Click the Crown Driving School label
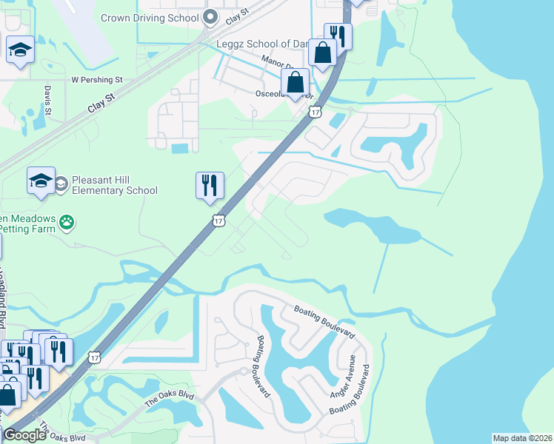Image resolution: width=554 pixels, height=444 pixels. coord(150,18)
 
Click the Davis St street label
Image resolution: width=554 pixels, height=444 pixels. coord(47,100)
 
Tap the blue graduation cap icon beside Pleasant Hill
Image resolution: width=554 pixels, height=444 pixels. coord(41,181)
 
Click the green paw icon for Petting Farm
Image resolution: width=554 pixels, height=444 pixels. coord(67,221)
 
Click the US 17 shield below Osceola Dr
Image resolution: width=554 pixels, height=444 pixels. coord(316,112)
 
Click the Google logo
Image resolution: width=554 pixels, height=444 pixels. coord(25,435)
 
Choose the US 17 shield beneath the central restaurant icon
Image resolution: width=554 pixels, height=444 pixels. coord(218,220)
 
